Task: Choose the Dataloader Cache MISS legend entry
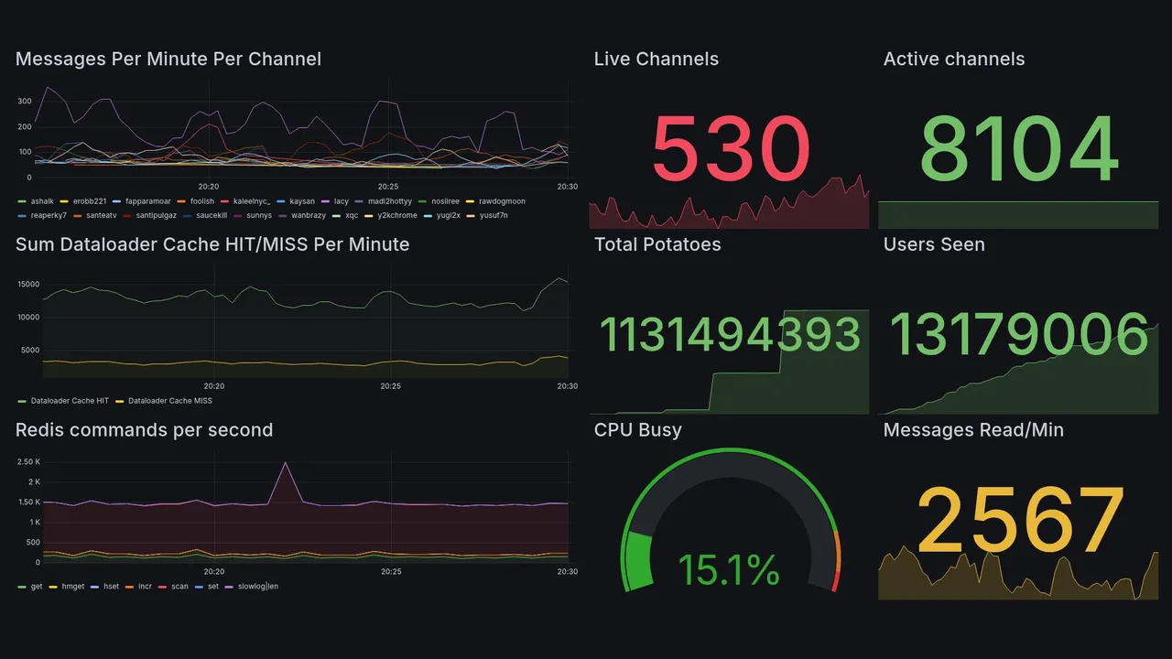[x=169, y=401]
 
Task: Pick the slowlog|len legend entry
[x=257, y=586]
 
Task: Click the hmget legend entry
[x=72, y=586]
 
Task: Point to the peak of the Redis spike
[x=286, y=463]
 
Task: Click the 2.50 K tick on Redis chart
[x=28, y=461]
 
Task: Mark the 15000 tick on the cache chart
[x=27, y=284]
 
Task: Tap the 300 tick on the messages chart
[x=24, y=101]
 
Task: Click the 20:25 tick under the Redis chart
[x=391, y=571]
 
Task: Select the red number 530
[x=731, y=148]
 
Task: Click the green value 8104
[x=1019, y=148]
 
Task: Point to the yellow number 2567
[x=1020, y=520]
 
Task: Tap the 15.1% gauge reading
[x=729, y=571]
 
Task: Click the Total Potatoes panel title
[x=657, y=244]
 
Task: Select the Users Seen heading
[x=934, y=244]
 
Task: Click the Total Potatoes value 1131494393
[x=730, y=335]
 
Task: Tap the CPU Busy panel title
[x=638, y=430]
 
